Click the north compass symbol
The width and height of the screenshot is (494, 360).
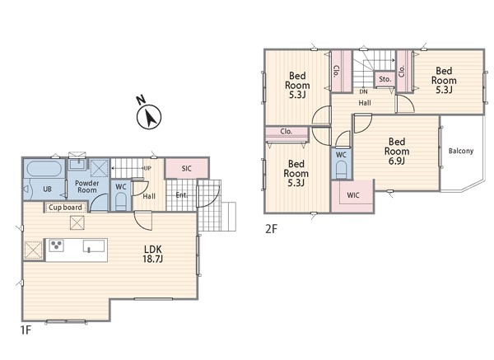pos(149,116)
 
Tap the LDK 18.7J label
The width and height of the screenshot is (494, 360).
pos(153,254)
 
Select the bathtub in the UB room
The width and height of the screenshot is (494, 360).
pos(44,169)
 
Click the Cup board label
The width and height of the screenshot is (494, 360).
pos(65,208)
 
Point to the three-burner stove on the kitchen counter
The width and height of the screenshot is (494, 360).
pos(57,245)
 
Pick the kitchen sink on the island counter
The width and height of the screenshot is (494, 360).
pos(94,246)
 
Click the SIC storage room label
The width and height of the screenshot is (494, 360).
pos(187,169)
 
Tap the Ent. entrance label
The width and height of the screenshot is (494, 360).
pos(182,195)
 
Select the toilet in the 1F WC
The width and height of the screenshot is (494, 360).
pos(121,201)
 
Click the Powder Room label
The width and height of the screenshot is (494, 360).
pos(87,187)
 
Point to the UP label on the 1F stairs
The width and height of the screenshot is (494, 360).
pos(147,168)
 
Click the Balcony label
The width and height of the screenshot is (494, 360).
pos(461,151)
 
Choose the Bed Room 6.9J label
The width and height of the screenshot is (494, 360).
pos(397,152)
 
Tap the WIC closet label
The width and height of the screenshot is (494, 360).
pos(353,195)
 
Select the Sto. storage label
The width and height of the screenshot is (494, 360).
pos(385,79)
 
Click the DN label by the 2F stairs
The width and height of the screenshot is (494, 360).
pos(363,91)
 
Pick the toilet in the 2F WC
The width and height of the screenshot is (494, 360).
pos(341,170)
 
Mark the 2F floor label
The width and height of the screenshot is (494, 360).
pos(271,228)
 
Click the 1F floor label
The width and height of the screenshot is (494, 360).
pos(26,330)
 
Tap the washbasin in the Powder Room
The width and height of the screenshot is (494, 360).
pos(77,164)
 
